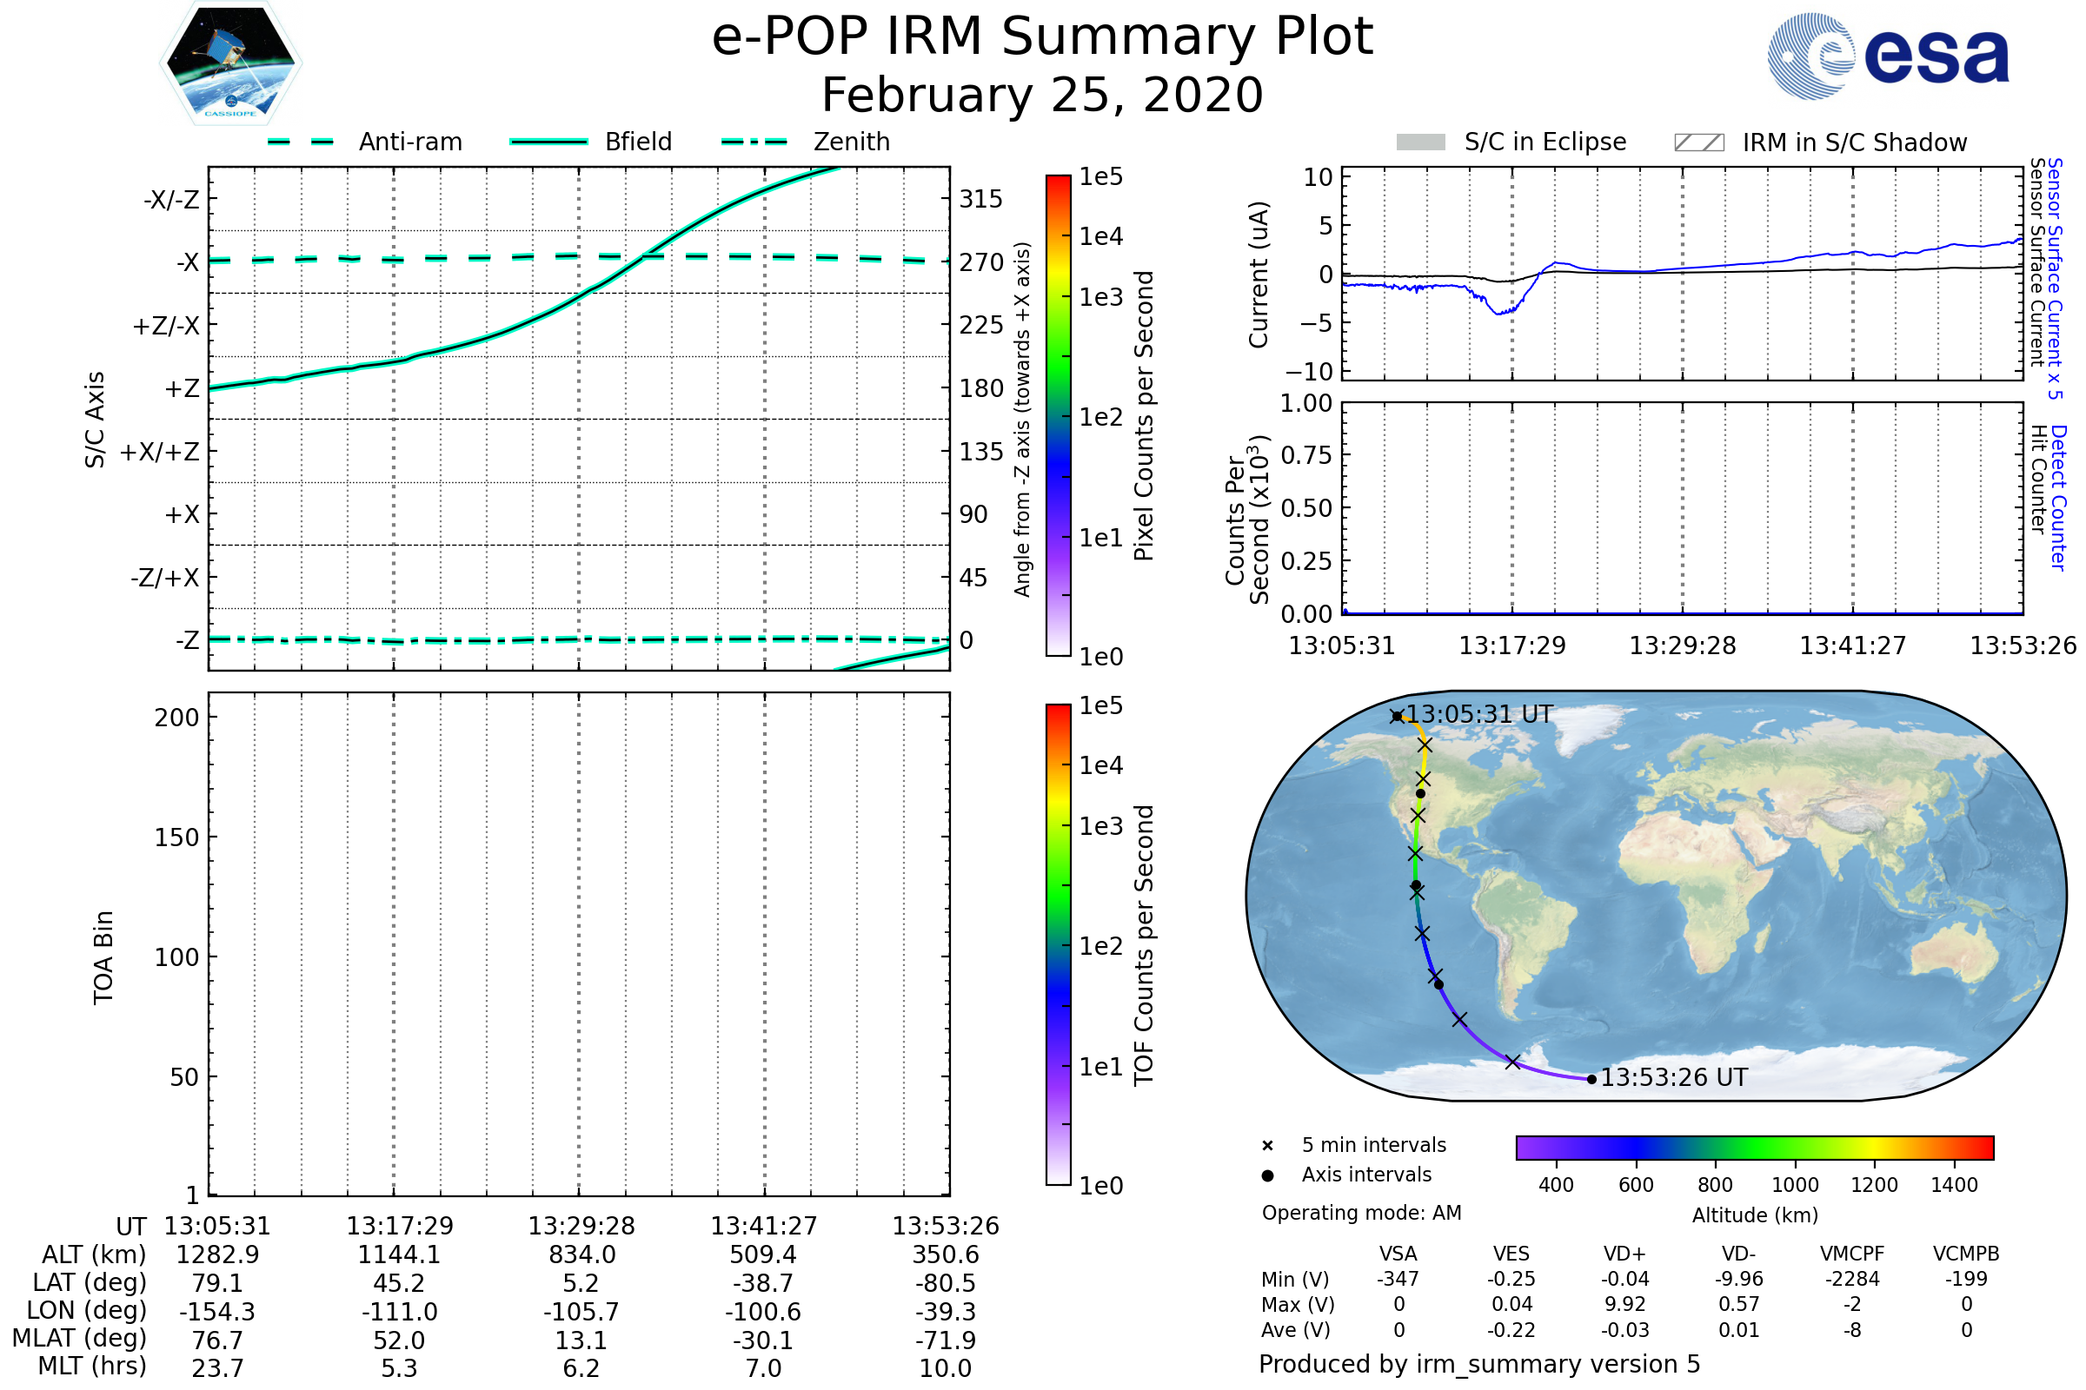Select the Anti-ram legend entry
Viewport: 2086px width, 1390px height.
[x=409, y=142]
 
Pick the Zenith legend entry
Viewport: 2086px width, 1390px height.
[x=851, y=142]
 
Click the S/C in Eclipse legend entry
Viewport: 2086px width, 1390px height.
[x=1545, y=142]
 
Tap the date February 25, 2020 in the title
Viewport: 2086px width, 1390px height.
[x=1042, y=95]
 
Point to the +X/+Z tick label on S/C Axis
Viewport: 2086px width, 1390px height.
[x=160, y=452]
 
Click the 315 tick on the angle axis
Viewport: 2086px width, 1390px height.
[x=980, y=199]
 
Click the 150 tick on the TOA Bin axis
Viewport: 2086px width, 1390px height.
[x=176, y=837]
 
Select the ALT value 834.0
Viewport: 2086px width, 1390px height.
[x=581, y=1254]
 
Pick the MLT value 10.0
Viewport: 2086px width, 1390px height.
[x=945, y=1367]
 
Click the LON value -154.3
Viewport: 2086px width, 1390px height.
[x=217, y=1311]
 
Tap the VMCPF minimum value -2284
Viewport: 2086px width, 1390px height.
[x=1852, y=1279]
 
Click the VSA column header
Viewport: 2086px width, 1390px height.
[x=1398, y=1254]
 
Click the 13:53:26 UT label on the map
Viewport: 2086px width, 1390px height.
[x=1672, y=1078]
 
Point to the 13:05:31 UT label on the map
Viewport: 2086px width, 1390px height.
[x=1479, y=714]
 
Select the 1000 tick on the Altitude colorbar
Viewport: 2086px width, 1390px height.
[x=1794, y=1185]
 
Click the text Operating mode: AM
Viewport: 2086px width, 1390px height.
[x=1361, y=1213]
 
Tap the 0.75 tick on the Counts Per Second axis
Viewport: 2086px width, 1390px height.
[x=1306, y=455]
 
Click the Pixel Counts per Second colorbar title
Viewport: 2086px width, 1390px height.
[x=1144, y=415]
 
